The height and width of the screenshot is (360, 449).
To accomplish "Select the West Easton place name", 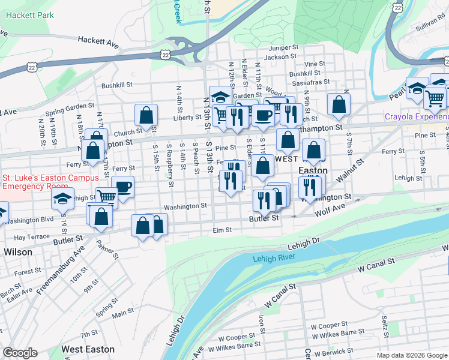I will point(88,349).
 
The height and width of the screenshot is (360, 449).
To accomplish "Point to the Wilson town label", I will point(18,252).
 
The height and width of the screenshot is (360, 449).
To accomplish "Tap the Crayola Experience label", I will point(417,118).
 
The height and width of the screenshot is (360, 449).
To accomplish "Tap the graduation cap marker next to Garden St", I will point(220,96).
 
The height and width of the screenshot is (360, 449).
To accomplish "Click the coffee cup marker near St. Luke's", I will point(122,187).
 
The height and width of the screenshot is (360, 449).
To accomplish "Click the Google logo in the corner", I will point(20,353).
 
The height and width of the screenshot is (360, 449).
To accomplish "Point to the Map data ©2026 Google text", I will point(411,355).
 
